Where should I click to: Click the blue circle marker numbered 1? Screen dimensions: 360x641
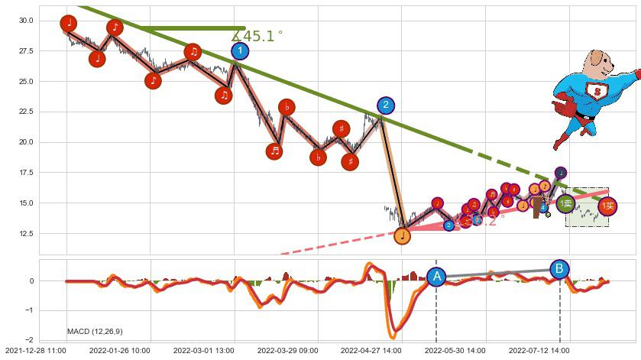[240, 51]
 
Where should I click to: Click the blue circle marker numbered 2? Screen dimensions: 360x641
[386, 105]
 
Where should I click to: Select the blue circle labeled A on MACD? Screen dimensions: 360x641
[436, 277]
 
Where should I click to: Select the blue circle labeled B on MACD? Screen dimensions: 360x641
[559, 268]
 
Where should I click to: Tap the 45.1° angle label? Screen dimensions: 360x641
[257, 36]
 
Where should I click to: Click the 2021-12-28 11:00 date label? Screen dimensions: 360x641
[34, 351]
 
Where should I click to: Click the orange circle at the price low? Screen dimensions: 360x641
[403, 236]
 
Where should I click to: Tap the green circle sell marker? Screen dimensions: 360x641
[565, 203]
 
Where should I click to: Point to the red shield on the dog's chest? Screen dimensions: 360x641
[594, 91]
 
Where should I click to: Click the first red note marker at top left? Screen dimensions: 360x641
[69, 24]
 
